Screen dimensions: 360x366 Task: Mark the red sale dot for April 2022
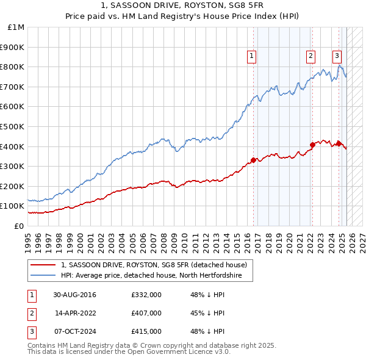click(312, 145)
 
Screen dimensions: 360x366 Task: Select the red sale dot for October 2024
click(339, 143)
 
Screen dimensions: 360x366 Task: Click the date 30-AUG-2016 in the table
click(74, 295)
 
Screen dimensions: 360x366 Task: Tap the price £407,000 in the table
click(146, 313)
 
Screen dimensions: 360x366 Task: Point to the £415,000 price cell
click(146, 331)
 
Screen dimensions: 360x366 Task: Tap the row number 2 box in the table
click(31, 314)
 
